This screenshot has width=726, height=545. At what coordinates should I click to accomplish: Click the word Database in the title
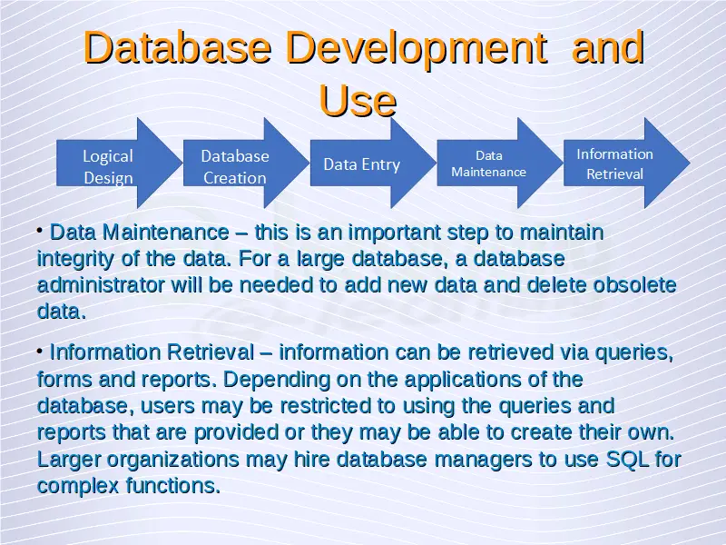(178, 47)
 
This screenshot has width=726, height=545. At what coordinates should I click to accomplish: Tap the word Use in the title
(358, 101)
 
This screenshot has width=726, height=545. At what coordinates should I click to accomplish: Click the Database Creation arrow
(246, 163)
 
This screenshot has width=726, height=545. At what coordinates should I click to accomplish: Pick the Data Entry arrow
(373, 163)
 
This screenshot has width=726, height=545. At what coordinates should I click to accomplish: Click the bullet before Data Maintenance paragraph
(40, 230)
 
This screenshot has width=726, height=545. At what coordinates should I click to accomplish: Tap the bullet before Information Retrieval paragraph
(40, 351)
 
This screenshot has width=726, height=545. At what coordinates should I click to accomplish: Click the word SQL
(627, 460)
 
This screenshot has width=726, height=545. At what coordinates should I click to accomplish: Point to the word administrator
(101, 285)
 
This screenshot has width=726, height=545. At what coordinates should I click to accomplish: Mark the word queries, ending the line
(633, 353)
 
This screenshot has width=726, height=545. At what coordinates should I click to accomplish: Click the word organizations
(173, 461)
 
